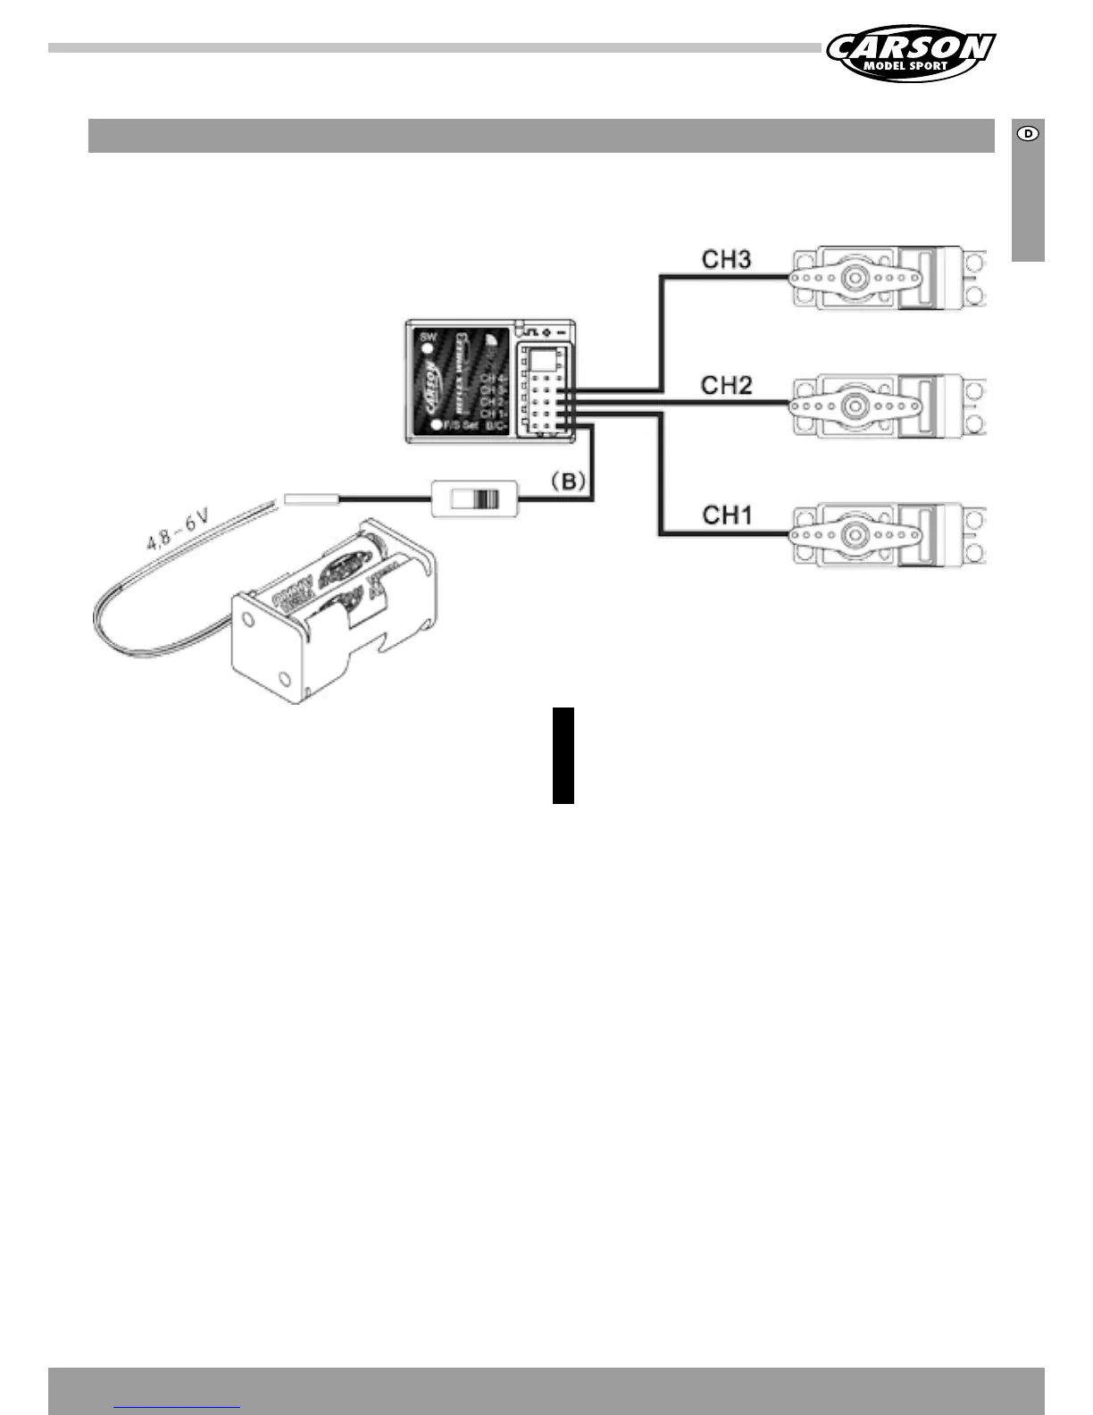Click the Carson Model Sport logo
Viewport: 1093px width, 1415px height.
click(x=910, y=53)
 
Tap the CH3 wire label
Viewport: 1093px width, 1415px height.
click(x=726, y=260)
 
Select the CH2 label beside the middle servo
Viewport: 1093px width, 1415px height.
click(x=726, y=386)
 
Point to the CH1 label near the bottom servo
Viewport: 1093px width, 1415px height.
click(x=727, y=515)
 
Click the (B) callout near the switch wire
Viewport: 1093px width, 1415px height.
click(x=568, y=482)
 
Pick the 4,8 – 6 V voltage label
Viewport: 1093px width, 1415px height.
click(x=178, y=527)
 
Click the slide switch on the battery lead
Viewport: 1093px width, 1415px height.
click(x=474, y=498)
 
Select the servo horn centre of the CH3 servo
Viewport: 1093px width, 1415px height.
click(x=856, y=277)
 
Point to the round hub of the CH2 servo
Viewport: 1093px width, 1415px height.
click(x=856, y=406)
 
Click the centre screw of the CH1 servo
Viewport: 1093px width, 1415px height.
click(x=856, y=534)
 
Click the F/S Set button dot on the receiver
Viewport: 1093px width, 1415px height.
click(x=436, y=425)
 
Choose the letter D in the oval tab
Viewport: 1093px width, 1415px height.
click(x=1029, y=134)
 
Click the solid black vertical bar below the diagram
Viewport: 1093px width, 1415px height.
click(x=563, y=755)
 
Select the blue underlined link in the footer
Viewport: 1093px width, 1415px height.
click(x=178, y=1406)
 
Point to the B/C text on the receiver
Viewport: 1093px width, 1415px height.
click(x=496, y=426)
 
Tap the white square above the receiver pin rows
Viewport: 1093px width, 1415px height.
click(x=541, y=359)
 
